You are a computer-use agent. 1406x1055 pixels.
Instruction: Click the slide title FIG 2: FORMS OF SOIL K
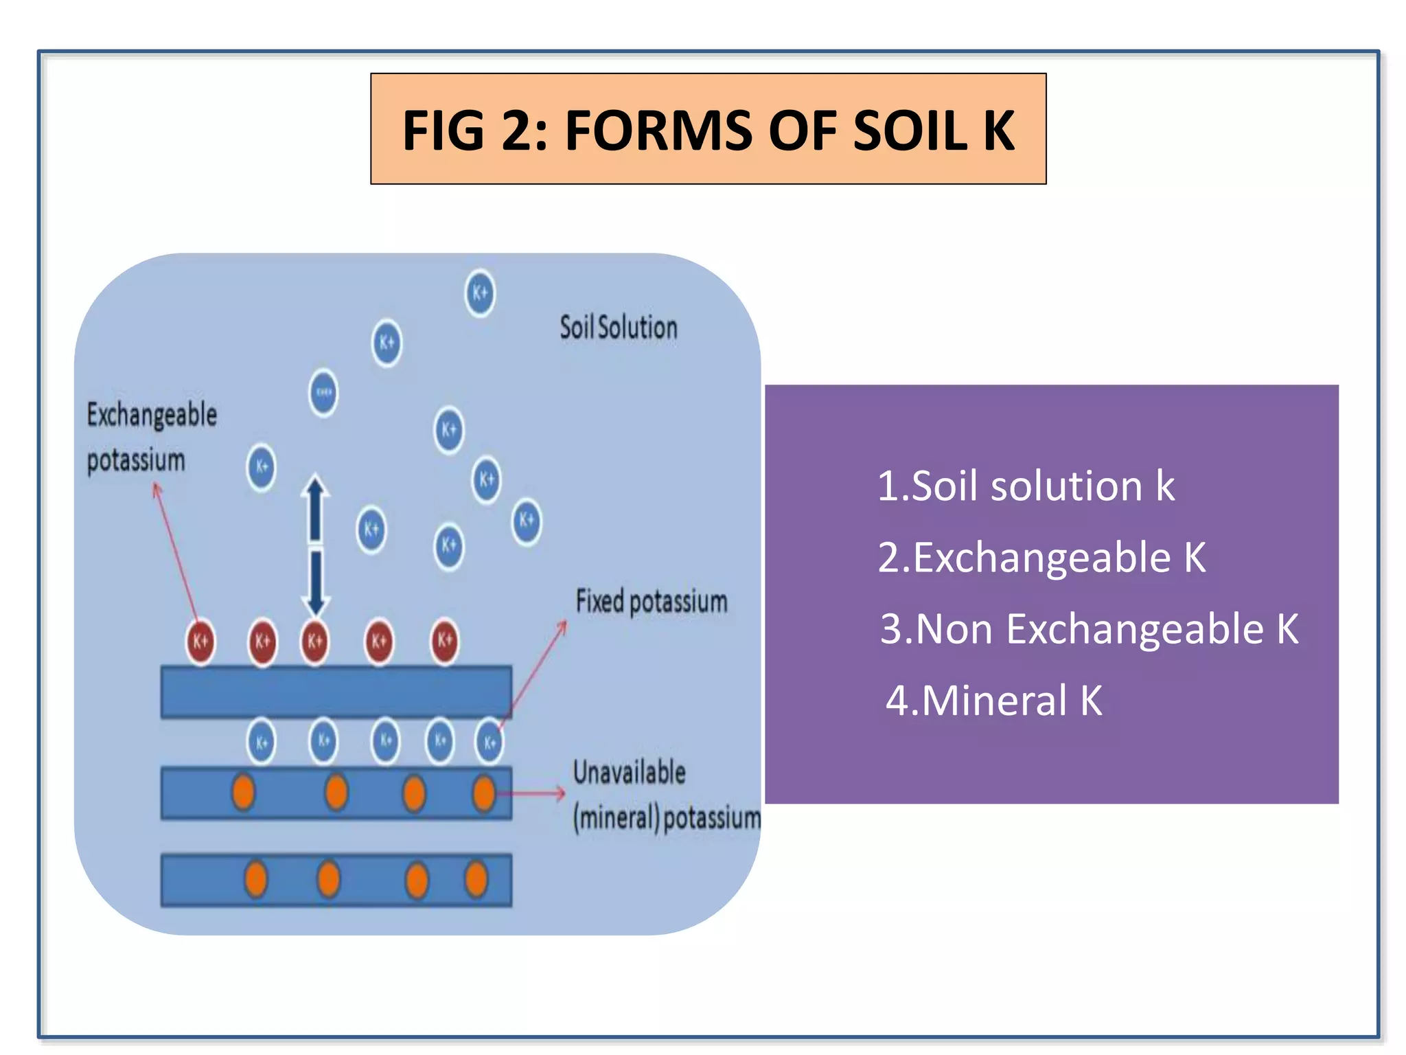[x=708, y=130]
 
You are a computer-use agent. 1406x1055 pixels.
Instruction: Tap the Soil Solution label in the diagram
[x=618, y=328]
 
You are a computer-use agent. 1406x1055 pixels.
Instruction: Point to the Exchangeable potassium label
[x=151, y=437]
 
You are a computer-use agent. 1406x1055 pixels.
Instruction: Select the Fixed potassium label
[x=651, y=602]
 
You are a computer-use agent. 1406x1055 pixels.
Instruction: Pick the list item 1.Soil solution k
[x=1026, y=486]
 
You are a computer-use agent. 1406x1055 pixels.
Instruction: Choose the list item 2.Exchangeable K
[x=1041, y=557]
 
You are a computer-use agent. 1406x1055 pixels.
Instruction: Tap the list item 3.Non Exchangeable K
[x=1089, y=628]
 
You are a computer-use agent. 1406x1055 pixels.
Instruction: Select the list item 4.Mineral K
[x=993, y=701]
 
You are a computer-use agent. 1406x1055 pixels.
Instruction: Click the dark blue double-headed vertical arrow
[x=315, y=546]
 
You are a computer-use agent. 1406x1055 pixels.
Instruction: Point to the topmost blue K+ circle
[x=480, y=293]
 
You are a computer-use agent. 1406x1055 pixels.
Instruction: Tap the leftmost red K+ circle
[x=200, y=642]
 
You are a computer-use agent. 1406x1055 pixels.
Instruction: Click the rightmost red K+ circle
[x=445, y=641]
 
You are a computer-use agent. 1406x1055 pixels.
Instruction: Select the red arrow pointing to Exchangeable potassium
[x=176, y=549]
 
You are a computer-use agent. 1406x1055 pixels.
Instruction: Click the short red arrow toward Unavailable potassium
[x=532, y=793]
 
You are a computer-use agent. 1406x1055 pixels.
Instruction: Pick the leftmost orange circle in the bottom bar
[x=256, y=879]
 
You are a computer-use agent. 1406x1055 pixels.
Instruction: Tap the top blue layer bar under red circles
[x=336, y=692]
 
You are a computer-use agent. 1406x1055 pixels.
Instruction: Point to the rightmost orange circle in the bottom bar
[x=476, y=879]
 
